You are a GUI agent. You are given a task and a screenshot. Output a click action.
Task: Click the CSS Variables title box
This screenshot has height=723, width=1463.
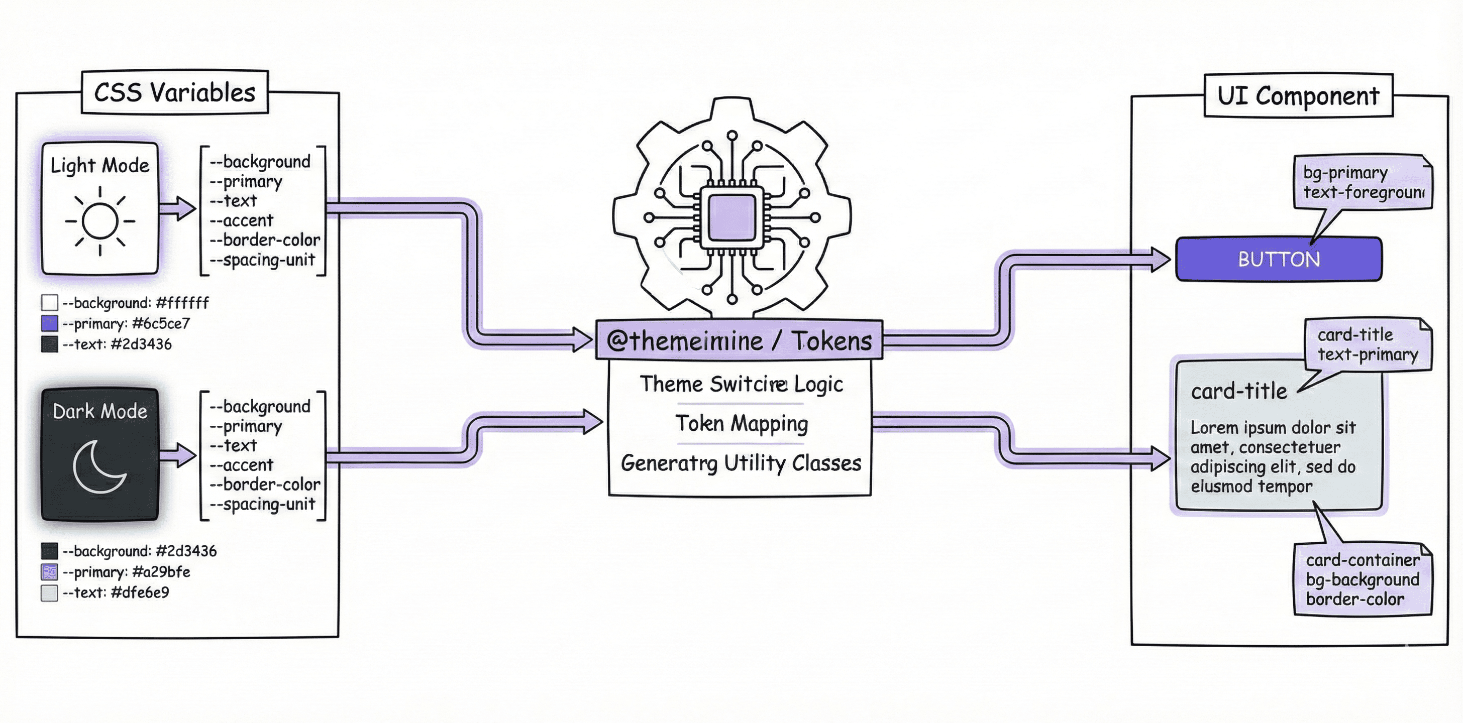tap(174, 92)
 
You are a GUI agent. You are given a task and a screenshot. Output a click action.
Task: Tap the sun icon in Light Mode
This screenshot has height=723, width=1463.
tap(100, 221)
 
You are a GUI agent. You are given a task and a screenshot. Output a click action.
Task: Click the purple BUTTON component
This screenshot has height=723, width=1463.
tap(1279, 260)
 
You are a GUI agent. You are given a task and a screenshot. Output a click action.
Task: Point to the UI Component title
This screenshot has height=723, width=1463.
tap(1298, 96)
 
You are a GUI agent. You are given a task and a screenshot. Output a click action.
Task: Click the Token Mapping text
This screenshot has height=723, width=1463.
tap(741, 423)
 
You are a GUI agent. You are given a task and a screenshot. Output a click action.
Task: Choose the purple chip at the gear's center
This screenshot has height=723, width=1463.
tap(731, 217)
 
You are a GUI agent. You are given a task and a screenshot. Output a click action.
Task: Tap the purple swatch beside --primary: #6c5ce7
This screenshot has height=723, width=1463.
tap(49, 323)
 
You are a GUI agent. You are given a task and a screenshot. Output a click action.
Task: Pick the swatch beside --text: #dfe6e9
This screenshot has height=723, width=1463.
tap(49, 593)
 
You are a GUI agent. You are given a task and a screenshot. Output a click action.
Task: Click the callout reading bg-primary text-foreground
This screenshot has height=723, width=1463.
tap(1363, 183)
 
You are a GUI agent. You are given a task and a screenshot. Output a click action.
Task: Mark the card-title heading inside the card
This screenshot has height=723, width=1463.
tap(1238, 391)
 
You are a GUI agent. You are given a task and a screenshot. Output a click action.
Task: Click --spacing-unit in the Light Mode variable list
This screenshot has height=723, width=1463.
tap(262, 260)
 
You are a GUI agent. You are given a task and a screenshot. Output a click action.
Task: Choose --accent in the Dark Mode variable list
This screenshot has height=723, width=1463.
tap(241, 465)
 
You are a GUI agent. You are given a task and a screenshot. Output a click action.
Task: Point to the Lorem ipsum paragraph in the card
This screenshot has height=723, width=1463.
tap(1273, 456)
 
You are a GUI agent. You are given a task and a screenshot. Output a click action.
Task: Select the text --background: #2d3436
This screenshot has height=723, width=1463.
tap(139, 551)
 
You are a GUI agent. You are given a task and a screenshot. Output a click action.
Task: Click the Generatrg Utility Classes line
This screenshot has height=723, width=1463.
tap(741, 463)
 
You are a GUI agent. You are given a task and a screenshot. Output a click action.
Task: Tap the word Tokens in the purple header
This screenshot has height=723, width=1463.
tap(831, 340)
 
